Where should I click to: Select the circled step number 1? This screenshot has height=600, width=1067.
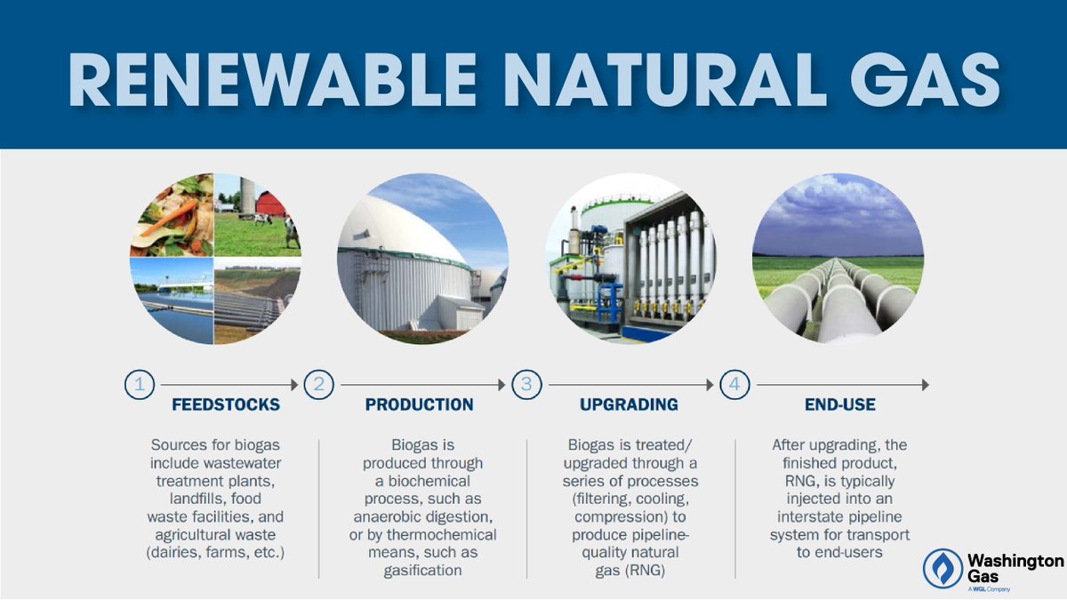[139, 385]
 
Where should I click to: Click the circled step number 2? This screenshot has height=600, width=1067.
[318, 385]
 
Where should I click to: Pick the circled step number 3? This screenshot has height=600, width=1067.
[526, 385]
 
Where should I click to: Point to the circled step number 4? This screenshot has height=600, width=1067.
[734, 385]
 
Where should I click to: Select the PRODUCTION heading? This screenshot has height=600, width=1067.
[420, 405]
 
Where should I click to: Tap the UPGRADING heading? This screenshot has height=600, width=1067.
[629, 405]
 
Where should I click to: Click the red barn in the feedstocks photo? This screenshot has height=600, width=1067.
[270, 204]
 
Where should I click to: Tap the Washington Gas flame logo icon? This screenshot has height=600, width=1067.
[942, 568]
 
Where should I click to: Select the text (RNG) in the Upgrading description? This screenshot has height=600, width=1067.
[648, 571]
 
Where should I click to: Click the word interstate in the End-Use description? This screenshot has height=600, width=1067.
[817, 517]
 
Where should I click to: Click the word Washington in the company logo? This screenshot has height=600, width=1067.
[1015, 561]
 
